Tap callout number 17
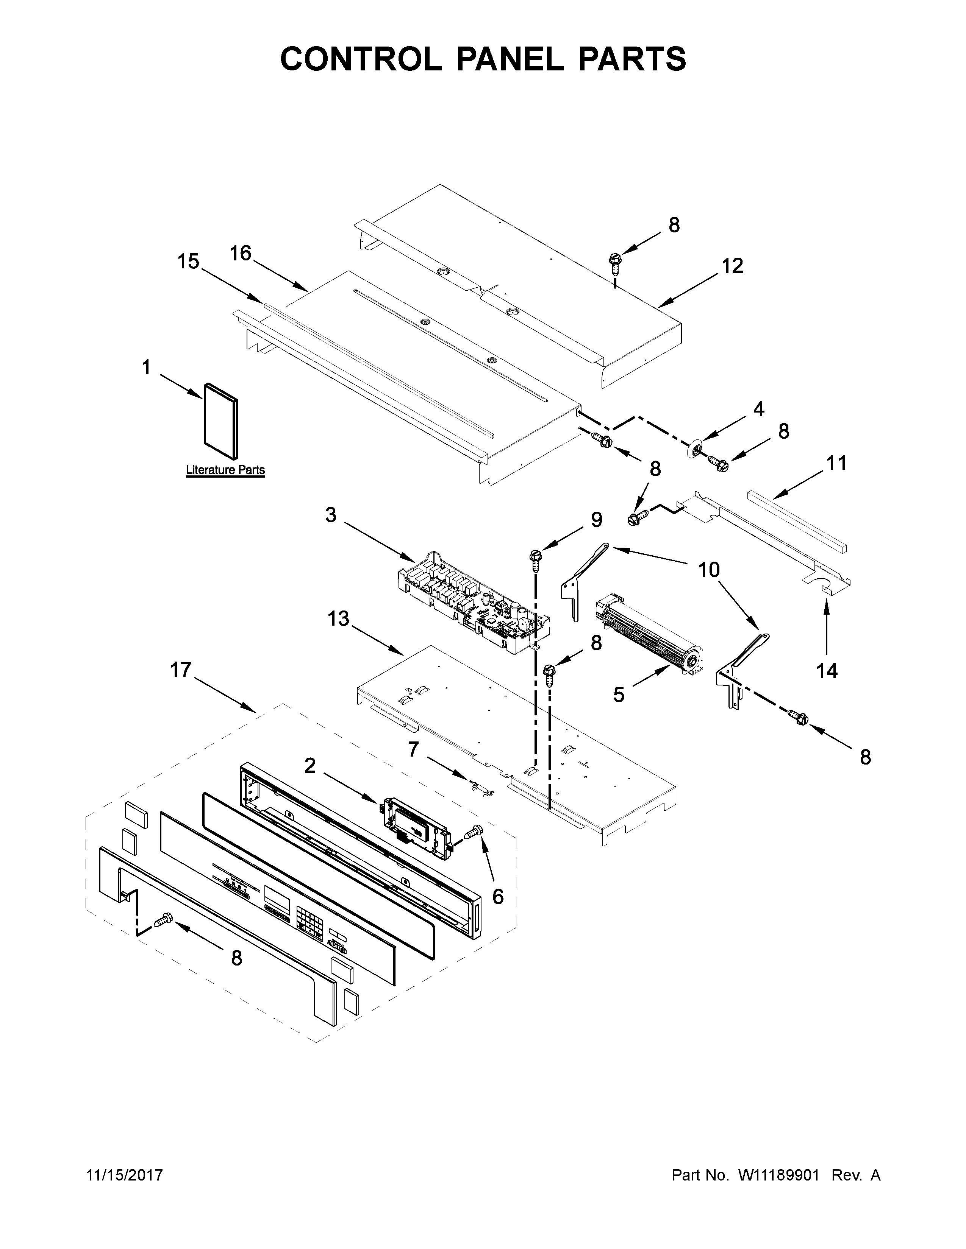181,670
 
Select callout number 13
339,619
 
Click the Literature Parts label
225,470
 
